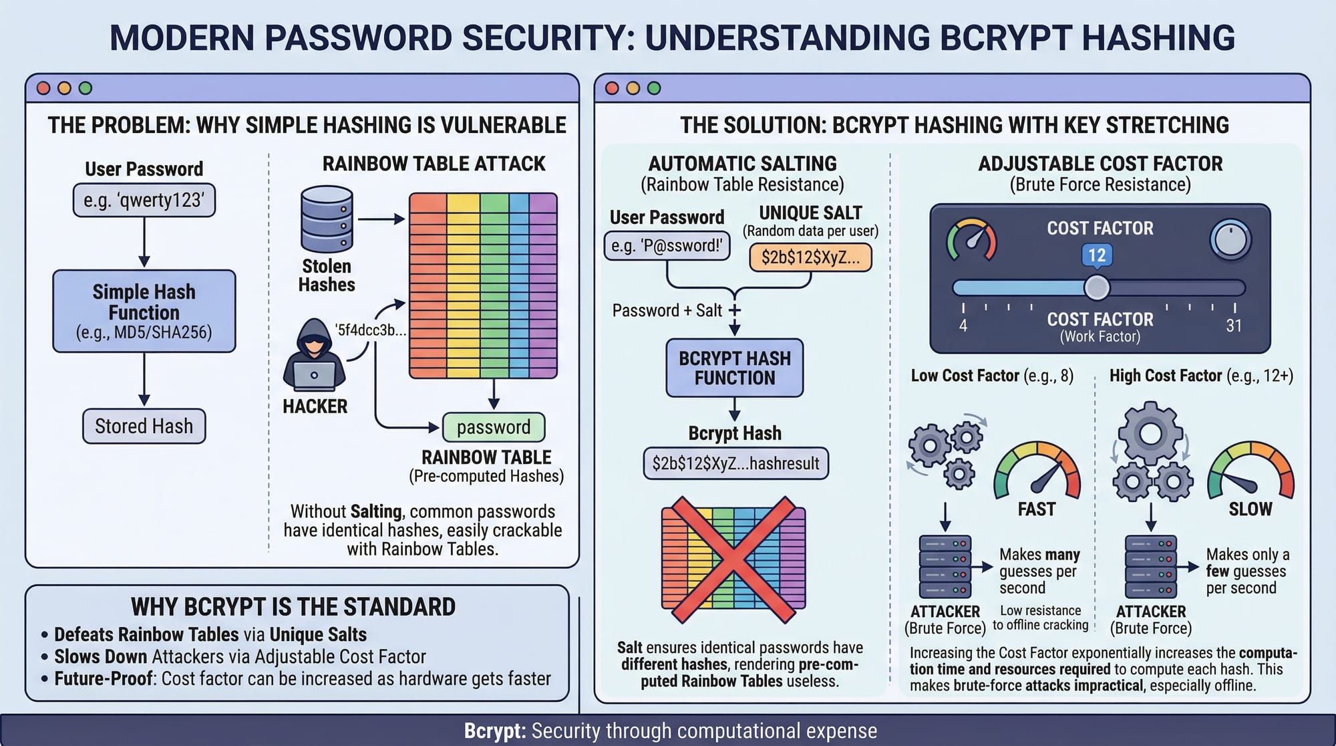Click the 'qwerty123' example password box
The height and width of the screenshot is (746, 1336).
click(144, 200)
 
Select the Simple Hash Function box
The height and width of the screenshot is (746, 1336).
click(144, 311)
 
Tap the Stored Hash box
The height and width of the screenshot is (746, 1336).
click(144, 426)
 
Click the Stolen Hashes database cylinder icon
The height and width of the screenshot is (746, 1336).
click(327, 219)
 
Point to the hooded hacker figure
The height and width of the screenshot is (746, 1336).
click(314, 356)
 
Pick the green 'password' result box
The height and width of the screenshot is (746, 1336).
click(494, 427)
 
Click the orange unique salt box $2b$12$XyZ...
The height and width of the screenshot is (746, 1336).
click(810, 257)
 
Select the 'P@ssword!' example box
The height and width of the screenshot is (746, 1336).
click(667, 245)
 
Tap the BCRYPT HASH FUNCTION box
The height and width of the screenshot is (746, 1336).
click(735, 368)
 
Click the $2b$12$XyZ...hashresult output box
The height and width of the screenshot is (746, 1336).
click(735, 463)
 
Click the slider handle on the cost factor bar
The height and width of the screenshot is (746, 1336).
click(1096, 287)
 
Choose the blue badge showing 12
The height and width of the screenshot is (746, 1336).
click(1097, 255)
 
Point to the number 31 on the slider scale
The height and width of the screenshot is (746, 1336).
click(1234, 326)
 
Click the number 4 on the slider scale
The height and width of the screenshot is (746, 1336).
click(963, 326)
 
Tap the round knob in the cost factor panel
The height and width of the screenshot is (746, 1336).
click(1230, 240)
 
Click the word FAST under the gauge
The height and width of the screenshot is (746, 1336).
click(1037, 509)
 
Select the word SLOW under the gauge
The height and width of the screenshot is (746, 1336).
click(1250, 509)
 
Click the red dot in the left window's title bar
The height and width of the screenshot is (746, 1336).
click(44, 88)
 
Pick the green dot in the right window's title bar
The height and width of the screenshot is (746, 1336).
click(654, 88)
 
